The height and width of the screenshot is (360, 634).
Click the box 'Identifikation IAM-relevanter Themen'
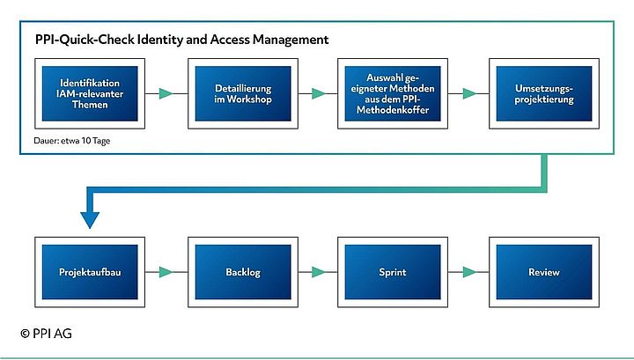[89, 92]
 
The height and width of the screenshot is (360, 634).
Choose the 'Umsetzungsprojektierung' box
[540, 92]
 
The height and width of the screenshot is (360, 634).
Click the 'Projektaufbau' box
[89, 272]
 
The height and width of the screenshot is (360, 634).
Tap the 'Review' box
[540, 272]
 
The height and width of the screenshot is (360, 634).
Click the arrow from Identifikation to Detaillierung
[164, 92]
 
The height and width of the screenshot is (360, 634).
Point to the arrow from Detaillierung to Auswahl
[313, 92]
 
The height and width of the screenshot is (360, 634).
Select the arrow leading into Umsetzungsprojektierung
[464, 92]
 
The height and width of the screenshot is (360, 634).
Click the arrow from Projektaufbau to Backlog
[164, 272]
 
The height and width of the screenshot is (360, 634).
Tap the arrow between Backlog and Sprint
[313, 272]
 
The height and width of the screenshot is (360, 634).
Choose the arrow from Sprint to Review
[464, 272]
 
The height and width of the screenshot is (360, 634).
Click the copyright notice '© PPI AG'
[44, 334]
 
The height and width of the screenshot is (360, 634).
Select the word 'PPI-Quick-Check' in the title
[78, 40]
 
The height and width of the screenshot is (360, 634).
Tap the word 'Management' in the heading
[291, 40]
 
